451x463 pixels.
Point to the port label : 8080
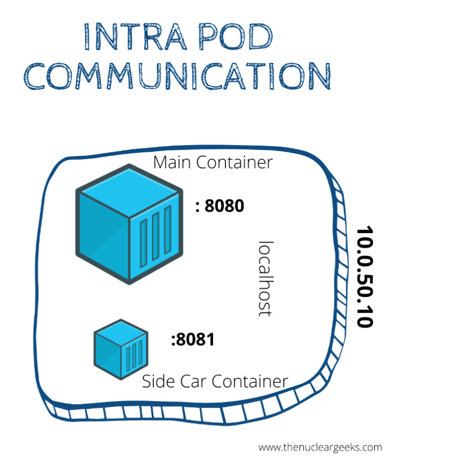tap(220, 206)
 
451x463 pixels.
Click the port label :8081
tap(193, 340)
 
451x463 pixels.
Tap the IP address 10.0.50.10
tap(364, 277)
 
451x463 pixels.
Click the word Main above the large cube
tap(173, 162)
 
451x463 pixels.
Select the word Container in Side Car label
tap(250, 381)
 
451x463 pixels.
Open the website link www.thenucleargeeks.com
tap(320, 447)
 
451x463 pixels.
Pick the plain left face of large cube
tap(104, 236)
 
